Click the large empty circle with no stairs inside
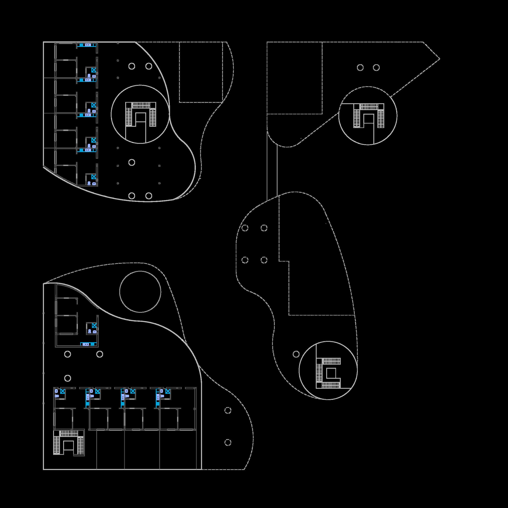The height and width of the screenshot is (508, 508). click(140, 292)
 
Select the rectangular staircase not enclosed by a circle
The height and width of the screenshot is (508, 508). click(69, 442)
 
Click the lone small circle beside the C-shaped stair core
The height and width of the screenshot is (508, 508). click(296, 354)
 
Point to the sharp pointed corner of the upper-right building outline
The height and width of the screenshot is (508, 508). click(439, 59)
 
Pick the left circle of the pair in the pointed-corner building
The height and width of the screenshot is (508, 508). click(360, 68)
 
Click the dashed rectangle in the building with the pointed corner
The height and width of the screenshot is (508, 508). click(294, 78)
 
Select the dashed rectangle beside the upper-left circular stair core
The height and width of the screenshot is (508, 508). click(201, 72)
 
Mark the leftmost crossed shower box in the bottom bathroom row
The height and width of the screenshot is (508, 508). click(63, 391)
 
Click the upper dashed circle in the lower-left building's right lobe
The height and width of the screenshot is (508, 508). click(228, 410)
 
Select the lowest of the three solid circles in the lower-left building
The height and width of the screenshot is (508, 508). click(68, 378)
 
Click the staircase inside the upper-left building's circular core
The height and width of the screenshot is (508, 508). click(140, 114)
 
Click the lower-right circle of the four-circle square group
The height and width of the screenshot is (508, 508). click(264, 260)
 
